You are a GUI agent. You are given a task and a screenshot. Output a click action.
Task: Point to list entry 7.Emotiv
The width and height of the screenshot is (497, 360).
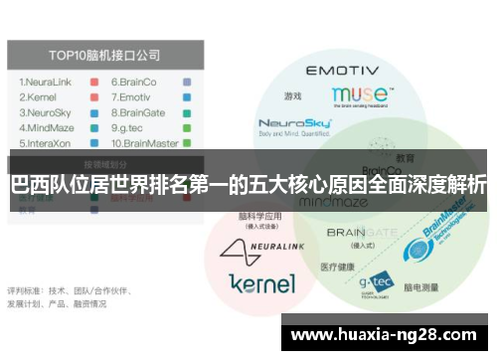pyautogui.click(x=133, y=97)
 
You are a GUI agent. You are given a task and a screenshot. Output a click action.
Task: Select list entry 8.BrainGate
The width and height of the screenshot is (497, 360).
pyautogui.click(x=142, y=112)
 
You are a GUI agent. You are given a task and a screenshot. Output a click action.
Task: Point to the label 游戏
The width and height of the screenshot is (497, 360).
pyautogui.click(x=291, y=96)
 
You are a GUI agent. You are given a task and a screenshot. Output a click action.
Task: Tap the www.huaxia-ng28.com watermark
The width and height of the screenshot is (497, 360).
pyautogui.click(x=387, y=334)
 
